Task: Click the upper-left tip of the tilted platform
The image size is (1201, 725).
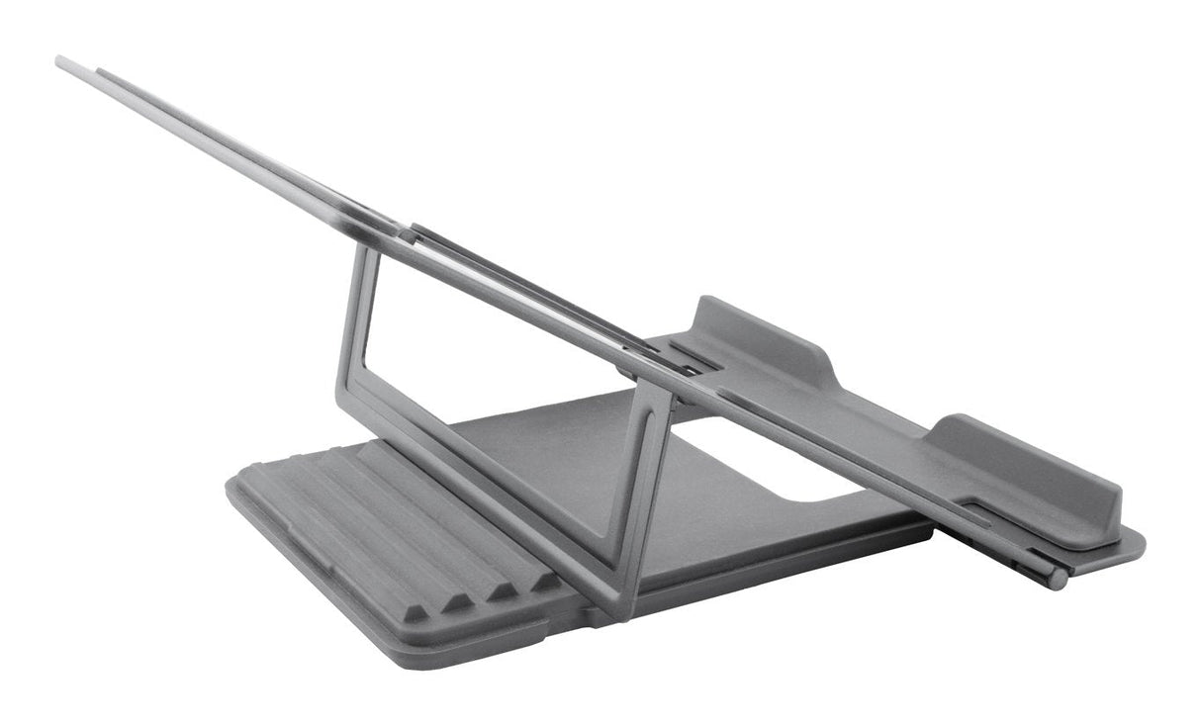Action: click(x=61, y=62)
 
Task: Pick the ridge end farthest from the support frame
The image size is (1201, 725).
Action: click(x=416, y=612)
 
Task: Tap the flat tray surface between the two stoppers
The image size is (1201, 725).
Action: click(x=890, y=415)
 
